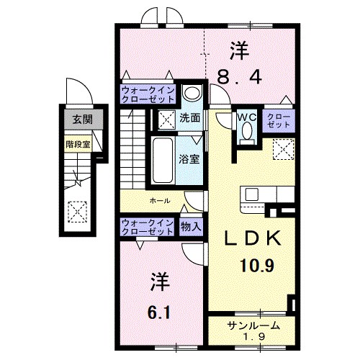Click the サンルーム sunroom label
[251, 325]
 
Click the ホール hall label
[160, 200]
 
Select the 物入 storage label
[191, 227]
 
